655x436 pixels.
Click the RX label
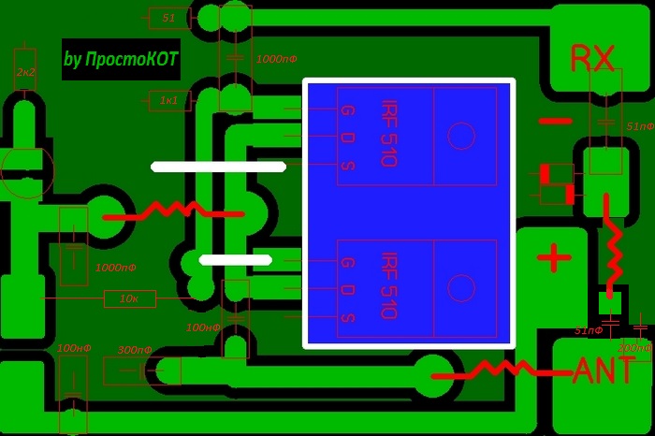[592, 60]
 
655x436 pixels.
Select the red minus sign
[555, 121]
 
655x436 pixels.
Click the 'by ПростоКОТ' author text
[121, 60]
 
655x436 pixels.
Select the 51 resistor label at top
[168, 18]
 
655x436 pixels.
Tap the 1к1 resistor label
[168, 99]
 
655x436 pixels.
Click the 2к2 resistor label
[25, 71]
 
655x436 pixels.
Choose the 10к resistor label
[130, 299]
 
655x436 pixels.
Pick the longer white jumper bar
[218, 167]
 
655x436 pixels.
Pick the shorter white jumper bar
[236, 259]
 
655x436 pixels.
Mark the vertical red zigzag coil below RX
[613, 245]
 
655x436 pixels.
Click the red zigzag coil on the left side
[173, 211]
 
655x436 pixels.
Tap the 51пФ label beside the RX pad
[640, 125]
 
